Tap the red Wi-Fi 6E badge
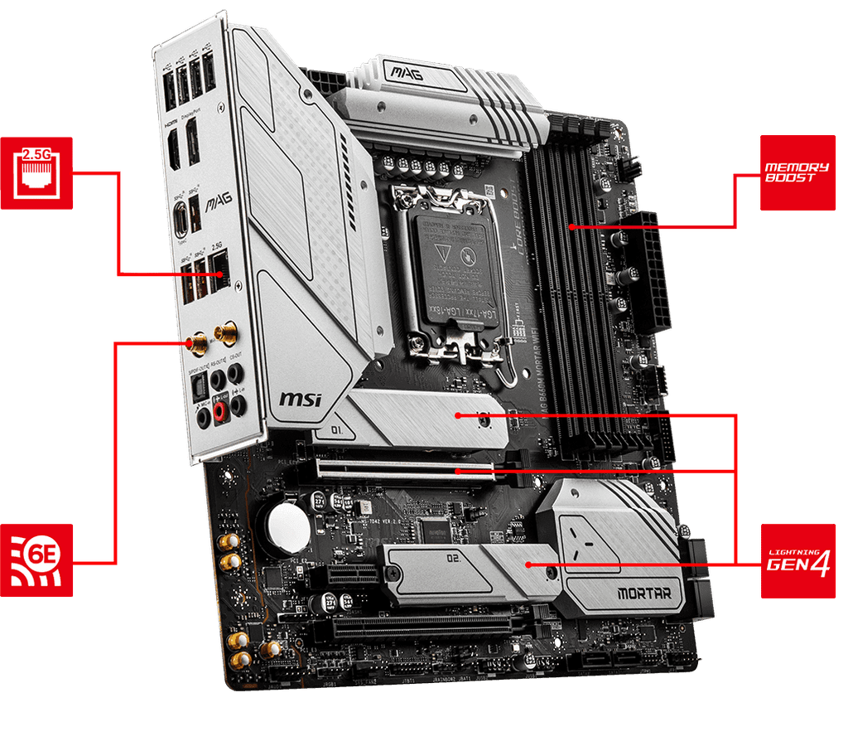pyautogui.click(x=35, y=559)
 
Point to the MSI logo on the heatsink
pyautogui.click(x=300, y=400)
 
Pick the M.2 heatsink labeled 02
pyautogui.click(x=464, y=568)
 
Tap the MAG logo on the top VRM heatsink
pyautogui.click(x=409, y=75)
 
